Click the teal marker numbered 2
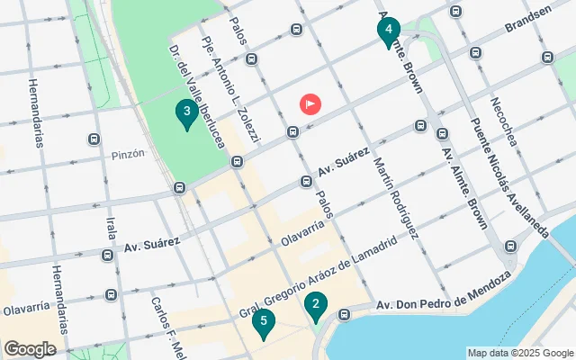point(315,306)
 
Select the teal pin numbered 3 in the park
point(186,113)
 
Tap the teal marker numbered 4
point(388,31)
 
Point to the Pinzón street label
point(128,154)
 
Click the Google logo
point(30,348)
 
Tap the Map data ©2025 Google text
point(520,353)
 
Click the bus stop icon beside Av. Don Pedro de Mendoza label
point(344,315)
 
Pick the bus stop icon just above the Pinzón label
point(94,139)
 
